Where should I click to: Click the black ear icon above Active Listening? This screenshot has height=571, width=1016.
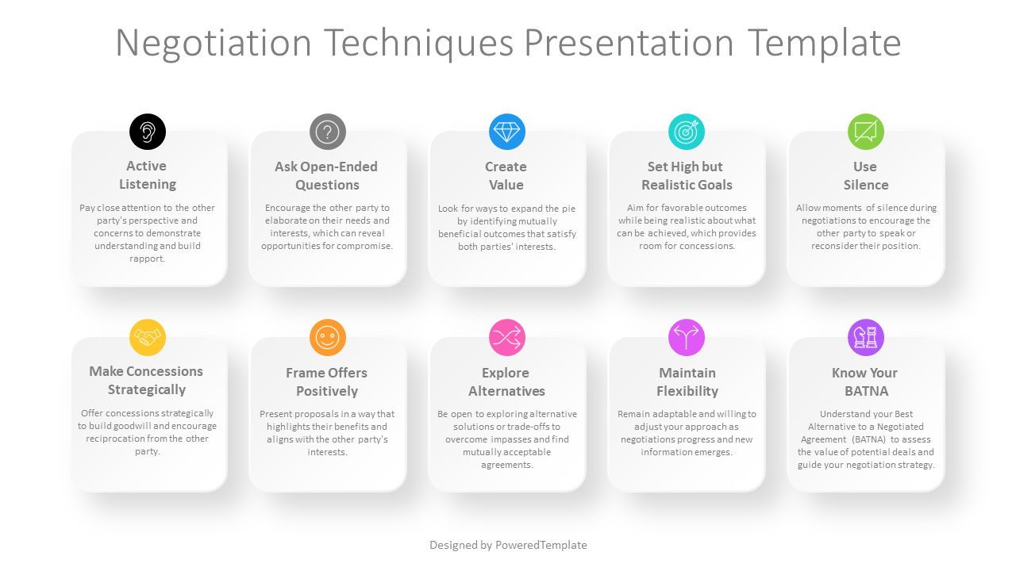pos(148,132)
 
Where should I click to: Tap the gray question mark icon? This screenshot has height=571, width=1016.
pos(327,132)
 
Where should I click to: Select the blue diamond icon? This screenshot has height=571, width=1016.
pos(506,132)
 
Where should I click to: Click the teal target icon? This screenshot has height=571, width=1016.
pos(686,132)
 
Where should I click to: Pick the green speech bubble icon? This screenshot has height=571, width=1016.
pos(865,132)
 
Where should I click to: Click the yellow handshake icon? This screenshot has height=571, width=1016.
pos(148,338)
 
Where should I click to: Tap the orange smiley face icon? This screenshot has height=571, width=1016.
pos(327,338)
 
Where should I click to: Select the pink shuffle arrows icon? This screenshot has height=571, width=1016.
pos(506,338)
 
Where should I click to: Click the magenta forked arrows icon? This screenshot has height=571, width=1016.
pos(686,338)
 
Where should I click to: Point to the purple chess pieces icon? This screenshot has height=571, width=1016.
pos(865,338)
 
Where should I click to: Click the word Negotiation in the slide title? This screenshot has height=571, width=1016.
pos(213,43)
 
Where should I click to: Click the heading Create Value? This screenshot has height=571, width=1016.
pos(506,175)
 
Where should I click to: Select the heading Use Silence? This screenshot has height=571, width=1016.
pos(865,175)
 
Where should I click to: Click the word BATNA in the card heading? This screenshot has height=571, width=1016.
pos(866,391)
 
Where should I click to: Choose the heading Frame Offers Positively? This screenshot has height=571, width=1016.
pos(327,381)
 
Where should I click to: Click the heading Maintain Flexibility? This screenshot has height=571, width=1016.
pos(687,381)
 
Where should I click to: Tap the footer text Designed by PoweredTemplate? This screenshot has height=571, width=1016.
pos(508,545)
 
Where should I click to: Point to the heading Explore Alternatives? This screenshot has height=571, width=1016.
pos(506,381)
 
